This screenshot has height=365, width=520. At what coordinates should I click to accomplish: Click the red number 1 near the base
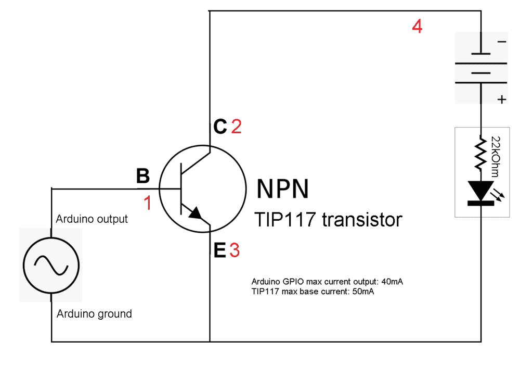pyautogui.click(x=147, y=203)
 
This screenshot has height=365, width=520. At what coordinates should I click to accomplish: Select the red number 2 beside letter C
pyautogui.click(x=236, y=127)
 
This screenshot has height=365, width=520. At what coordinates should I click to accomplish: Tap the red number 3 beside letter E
pyautogui.click(x=235, y=251)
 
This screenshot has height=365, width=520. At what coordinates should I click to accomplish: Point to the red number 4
pyautogui.click(x=417, y=26)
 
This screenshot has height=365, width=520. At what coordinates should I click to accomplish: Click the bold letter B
pyautogui.click(x=142, y=177)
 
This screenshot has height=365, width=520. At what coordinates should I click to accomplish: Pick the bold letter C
pyautogui.click(x=220, y=127)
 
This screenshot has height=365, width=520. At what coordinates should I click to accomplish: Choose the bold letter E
pyautogui.click(x=220, y=251)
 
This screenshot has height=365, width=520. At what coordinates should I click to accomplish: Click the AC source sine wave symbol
pyautogui.click(x=51, y=265)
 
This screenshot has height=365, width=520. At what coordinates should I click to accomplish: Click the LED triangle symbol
pyautogui.click(x=479, y=190)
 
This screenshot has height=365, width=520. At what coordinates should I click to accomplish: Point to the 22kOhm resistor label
pyautogui.click(x=495, y=153)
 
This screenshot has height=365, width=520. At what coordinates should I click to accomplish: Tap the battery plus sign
pyautogui.click(x=501, y=99)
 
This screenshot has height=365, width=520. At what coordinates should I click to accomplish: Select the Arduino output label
pyautogui.click(x=92, y=219)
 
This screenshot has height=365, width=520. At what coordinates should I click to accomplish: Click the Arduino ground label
pyautogui.click(x=94, y=314)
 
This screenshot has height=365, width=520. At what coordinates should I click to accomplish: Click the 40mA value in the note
pyautogui.click(x=392, y=282)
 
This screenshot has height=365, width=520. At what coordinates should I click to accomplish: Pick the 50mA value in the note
pyautogui.click(x=362, y=292)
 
